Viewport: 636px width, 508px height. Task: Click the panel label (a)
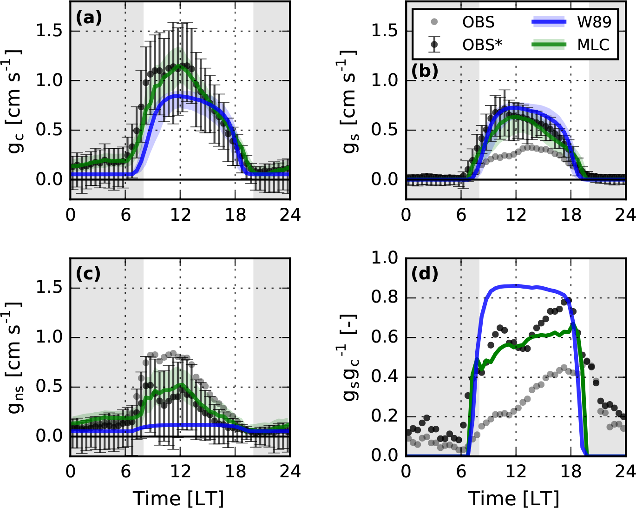(x=88, y=18)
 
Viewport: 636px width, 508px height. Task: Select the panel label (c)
(x=88, y=274)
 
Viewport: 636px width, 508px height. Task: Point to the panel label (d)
(x=425, y=274)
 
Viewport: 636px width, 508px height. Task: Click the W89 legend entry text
(x=594, y=22)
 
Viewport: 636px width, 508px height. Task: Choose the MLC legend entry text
(x=593, y=45)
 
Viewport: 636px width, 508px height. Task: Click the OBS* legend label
(x=483, y=45)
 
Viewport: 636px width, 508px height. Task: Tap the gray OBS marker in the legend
(x=434, y=22)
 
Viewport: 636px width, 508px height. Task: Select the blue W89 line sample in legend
(x=549, y=22)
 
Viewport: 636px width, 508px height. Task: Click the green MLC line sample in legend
(x=549, y=45)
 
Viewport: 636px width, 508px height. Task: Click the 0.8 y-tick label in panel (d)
(x=385, y=297)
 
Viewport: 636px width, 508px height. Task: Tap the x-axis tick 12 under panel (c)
(x=180, y=472)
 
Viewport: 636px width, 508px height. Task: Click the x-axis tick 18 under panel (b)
(x=571, y=215)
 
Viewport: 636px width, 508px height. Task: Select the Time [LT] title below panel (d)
(x=514, y=498)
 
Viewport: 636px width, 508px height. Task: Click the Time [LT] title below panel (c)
(x=179, y=498)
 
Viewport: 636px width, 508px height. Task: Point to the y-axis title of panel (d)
(x=352, y=356)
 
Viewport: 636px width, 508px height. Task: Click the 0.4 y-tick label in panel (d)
(x=385, y=376)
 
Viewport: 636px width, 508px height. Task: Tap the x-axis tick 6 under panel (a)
(x=125, y=215)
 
